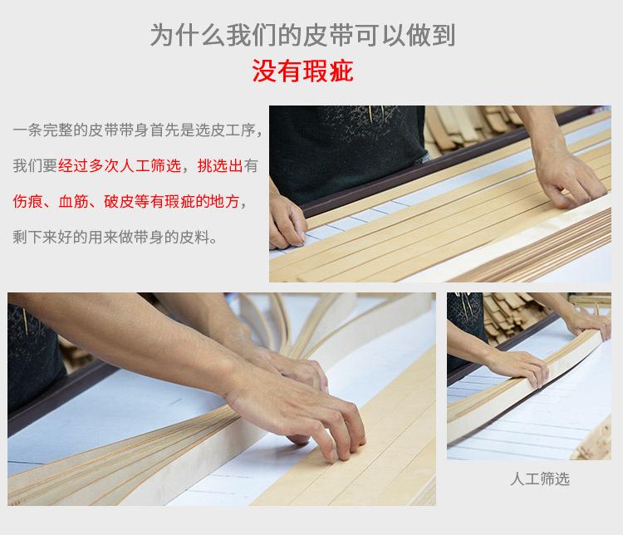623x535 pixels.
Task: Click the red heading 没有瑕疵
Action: pyautogui.click(x=302, y=71)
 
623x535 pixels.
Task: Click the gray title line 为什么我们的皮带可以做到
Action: pyautogui.click(x=302, y=36)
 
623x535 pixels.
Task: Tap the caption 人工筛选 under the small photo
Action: pyautogui.click(x=539, y=479)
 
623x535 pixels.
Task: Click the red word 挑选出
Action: pyautogui.click(x=220, y=165)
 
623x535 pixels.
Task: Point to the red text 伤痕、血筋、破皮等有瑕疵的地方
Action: pyautogui.click(x=130, y=201)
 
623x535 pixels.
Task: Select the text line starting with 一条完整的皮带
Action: pyautogui.click(x=139, y=130)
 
